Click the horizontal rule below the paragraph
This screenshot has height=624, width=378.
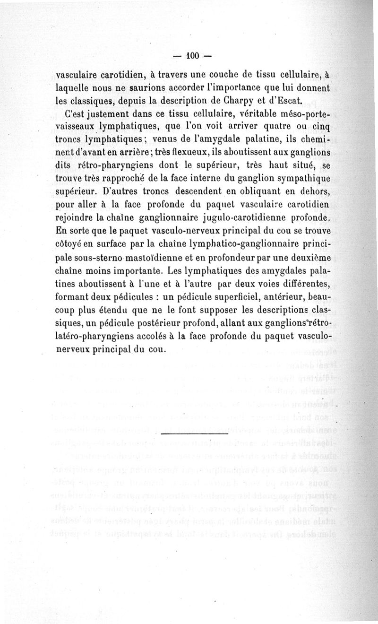pyautogui.click(x=194, y=433)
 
